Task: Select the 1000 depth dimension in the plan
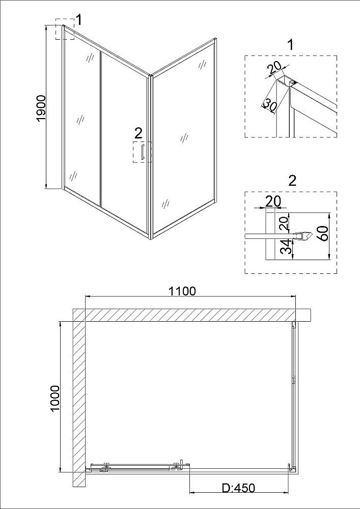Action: pos(55,398)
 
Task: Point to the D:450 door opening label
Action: pos(239,488)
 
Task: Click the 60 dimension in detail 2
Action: pos(324,233)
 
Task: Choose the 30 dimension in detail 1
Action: pos(269,104)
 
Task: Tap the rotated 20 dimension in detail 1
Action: pos(273,69)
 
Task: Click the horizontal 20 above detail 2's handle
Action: pos(273,202)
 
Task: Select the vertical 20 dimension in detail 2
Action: pos(285,223)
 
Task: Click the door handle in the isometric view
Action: pos(142,152)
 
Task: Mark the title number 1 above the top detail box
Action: pos(291,45)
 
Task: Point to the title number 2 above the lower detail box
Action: pos(292,181)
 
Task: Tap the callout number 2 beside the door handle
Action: pos(139,133)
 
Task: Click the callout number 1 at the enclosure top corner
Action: pos(79,20)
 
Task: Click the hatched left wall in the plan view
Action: pos(78,398)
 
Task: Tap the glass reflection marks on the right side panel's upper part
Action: pos(202,64)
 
